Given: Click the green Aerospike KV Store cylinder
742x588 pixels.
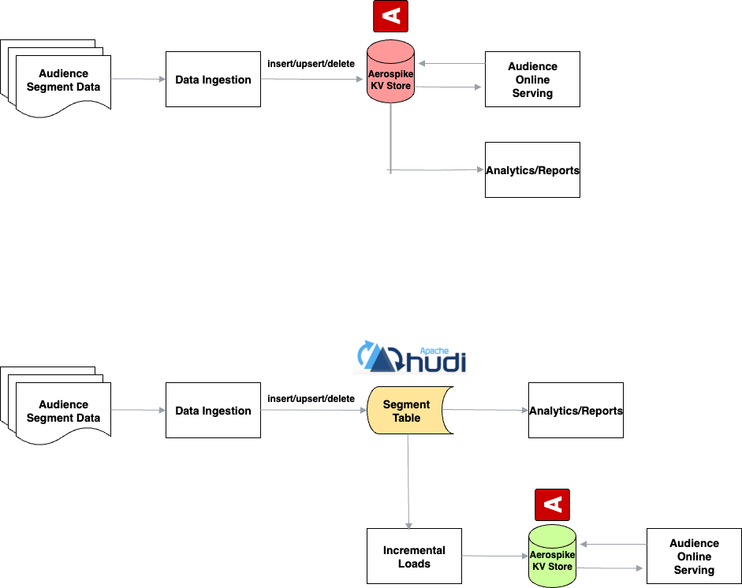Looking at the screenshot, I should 551,556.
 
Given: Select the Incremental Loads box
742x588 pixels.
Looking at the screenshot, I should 414,556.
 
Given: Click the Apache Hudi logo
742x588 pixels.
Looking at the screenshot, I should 412,356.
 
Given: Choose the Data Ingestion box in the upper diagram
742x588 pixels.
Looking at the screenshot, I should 213,80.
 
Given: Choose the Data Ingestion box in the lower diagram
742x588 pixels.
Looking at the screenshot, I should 213,411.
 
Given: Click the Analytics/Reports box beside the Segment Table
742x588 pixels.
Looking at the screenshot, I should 576,411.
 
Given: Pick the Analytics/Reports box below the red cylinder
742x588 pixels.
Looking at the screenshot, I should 532,170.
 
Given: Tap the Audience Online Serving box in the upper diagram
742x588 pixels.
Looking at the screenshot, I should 532,80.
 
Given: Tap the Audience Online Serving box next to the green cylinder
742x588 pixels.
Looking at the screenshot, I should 694,556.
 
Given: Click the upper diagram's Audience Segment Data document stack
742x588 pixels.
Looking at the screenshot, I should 59,80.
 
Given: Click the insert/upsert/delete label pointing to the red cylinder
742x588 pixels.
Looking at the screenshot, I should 311,63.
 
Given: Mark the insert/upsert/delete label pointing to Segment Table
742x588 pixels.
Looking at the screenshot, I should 311,399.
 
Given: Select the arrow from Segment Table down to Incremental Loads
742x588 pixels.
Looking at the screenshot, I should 408,481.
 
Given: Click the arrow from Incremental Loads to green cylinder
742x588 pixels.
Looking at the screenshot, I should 494,556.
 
